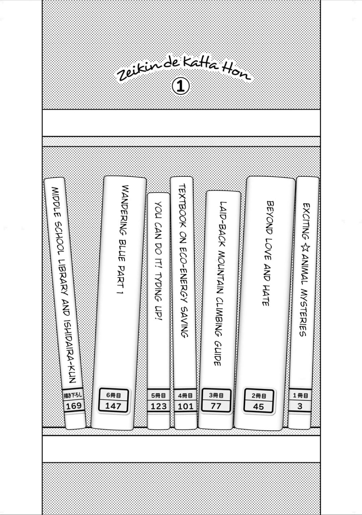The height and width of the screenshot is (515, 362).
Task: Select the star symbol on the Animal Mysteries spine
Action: pyautogui.click(x=306, y=249)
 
